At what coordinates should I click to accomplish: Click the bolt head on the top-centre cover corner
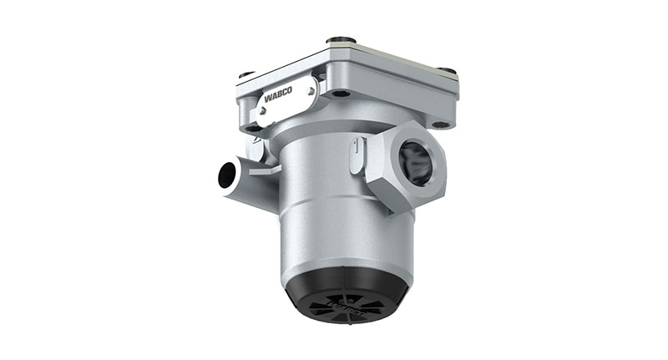click(337, 39)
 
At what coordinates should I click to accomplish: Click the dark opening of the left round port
click(226, 175)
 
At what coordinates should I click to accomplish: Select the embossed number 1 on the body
click(357, 148)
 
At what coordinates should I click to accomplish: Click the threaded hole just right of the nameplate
click(337, 93)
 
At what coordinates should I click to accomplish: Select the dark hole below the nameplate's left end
click(250, 128)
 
